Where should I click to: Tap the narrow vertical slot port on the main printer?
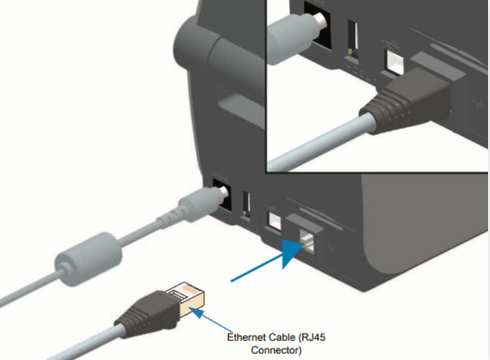[x=247, y=203]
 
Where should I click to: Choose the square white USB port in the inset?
[x=394, y=59]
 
